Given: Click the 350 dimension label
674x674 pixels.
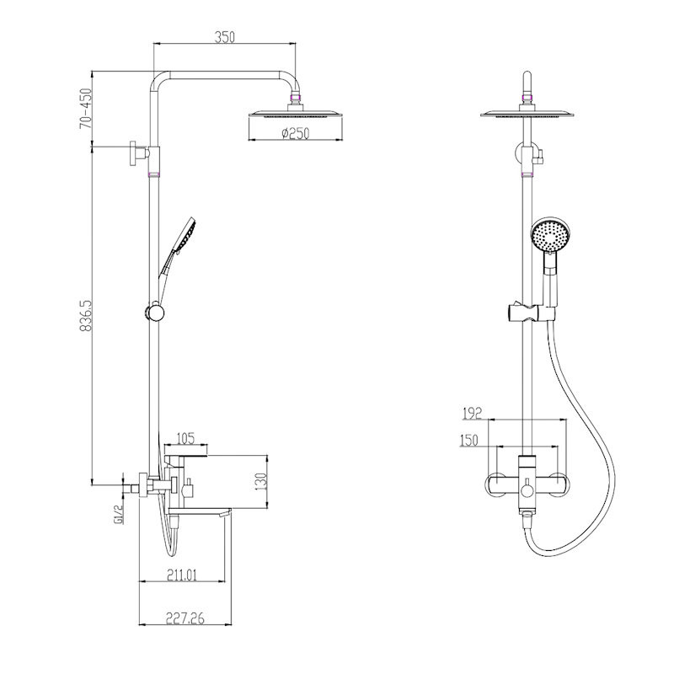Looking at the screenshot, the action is [x=225, y=37].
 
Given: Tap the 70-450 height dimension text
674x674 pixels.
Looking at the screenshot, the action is [x=86, y=109].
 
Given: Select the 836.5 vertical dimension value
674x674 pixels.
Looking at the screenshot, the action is [x=86, y=316].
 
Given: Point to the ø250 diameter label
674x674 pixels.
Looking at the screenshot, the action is [x=296, y=133].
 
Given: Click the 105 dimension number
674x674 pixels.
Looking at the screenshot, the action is [x=185, y=438].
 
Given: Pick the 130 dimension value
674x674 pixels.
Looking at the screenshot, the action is [x=260, y=482].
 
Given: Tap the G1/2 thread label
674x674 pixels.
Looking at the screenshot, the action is [x=119, y=514].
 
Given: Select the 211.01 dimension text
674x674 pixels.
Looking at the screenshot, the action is [x=182, y=575].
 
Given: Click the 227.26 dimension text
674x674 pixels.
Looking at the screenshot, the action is [x=185, y=618].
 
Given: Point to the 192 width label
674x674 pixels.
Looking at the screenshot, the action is [x=472, y=414].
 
